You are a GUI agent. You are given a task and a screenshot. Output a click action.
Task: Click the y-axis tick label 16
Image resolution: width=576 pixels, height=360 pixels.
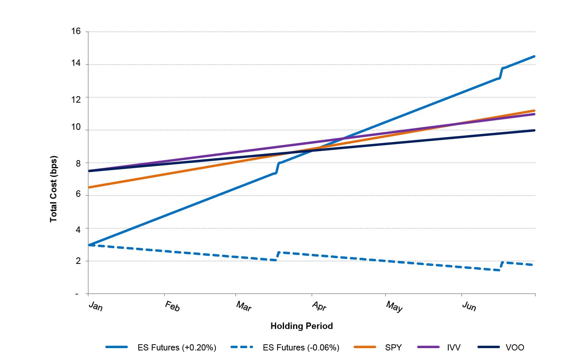[76, 31]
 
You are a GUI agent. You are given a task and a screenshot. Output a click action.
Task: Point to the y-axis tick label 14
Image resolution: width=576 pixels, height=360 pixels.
[76, 63]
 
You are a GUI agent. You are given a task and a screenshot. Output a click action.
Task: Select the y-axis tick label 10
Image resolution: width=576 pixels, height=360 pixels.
[76, 127]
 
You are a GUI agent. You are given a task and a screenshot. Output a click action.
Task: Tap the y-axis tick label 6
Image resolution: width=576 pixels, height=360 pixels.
[78, 194]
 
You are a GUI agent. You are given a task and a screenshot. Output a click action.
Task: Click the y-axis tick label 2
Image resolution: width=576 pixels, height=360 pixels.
[78, 261]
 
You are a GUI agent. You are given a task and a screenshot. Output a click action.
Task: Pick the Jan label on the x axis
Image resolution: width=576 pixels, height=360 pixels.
[95, 306]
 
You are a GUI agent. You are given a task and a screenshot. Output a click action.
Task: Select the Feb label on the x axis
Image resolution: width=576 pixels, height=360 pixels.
[172, 306]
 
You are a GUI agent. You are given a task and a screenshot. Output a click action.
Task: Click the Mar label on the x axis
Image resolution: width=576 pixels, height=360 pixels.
[244, 306]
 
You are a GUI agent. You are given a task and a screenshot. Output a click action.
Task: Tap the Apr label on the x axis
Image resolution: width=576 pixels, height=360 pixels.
[319, 306]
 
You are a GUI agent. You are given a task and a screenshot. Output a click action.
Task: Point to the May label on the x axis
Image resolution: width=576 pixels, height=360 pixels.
[394, 306]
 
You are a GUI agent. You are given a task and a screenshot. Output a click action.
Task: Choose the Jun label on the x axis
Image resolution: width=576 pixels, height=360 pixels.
[469, 306]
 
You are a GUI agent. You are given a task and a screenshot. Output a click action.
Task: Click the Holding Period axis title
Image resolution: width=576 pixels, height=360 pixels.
[302, 326]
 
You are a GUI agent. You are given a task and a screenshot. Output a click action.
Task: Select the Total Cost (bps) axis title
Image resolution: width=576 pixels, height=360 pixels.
[53, 189]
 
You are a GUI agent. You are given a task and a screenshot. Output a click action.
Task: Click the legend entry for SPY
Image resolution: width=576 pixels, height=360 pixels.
[393, 347]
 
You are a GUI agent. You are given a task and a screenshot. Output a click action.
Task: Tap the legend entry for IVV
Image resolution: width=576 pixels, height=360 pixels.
[454, 347]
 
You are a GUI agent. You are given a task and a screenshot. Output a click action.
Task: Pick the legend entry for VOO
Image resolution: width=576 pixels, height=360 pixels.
[515, 347]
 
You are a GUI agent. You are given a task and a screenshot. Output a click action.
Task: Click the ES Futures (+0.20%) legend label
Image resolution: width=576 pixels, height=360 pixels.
[177, 347]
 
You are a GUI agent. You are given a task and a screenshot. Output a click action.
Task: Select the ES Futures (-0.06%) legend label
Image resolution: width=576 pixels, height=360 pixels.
[301, 347]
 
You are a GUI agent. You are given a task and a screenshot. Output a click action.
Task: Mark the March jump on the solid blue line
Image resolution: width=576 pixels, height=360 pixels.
[277, 168]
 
